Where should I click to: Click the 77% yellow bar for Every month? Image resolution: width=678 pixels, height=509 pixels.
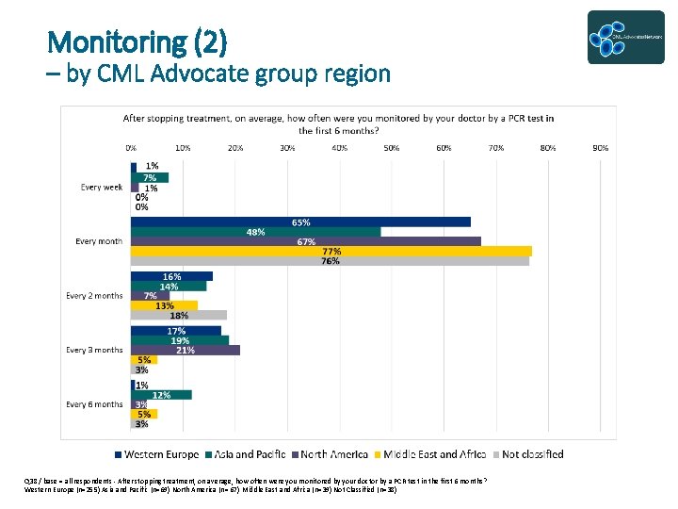[331, 251]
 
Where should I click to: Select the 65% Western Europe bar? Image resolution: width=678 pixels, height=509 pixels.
[300, 222]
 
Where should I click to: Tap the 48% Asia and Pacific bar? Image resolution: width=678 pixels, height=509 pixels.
[256, 232]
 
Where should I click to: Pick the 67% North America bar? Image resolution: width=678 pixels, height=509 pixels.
[306, 241]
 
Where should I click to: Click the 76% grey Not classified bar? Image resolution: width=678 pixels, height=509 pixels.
[330, 260]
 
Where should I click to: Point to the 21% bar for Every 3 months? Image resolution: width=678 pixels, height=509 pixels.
[186, 350]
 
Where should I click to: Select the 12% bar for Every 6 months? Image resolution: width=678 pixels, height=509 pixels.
[162, 395]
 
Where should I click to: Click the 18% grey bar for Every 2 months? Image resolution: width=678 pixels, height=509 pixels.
[179, 315]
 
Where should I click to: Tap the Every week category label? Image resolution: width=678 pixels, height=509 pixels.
[102, 188]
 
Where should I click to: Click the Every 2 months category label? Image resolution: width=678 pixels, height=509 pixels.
[94, 296]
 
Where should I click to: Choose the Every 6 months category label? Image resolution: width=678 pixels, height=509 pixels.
[94, 404]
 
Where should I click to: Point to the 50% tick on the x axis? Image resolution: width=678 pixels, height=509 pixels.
[391, 148]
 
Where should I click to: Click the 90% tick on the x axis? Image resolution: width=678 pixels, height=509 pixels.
[600, 148]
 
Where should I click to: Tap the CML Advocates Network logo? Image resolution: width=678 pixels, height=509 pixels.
[625, 38]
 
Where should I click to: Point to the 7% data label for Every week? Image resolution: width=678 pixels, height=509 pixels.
[150, 177]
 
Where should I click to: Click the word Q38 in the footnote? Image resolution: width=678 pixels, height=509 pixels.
[32, 481]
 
